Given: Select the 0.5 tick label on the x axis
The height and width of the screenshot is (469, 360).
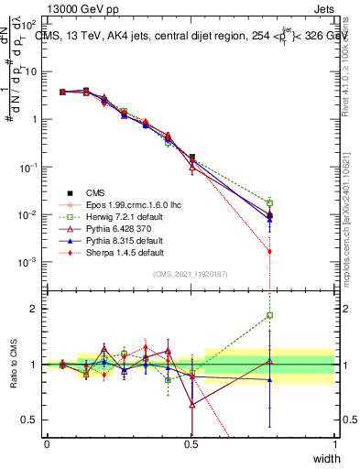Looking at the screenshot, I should [191, 443].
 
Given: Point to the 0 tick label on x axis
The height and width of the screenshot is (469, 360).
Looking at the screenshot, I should [48, 443].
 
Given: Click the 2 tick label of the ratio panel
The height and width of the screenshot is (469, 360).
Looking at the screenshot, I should [34, 309].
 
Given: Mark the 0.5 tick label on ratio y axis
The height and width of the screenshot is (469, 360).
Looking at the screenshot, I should [31, 420].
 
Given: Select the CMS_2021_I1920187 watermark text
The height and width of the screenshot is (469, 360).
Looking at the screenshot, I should [191, 274].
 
